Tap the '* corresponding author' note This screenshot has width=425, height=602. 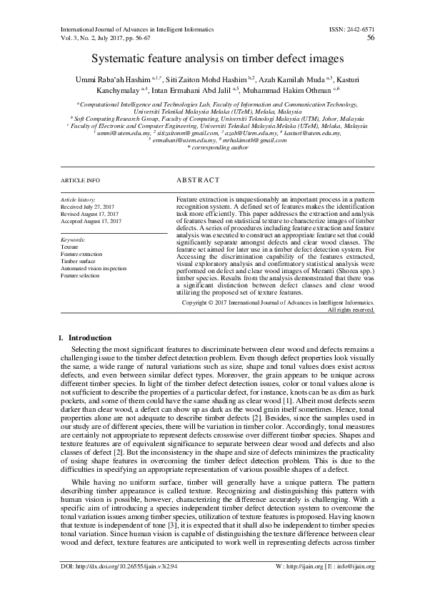click(211, 147)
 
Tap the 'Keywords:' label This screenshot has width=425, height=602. click(73, 240)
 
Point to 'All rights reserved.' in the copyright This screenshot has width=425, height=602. click(351, 310)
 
